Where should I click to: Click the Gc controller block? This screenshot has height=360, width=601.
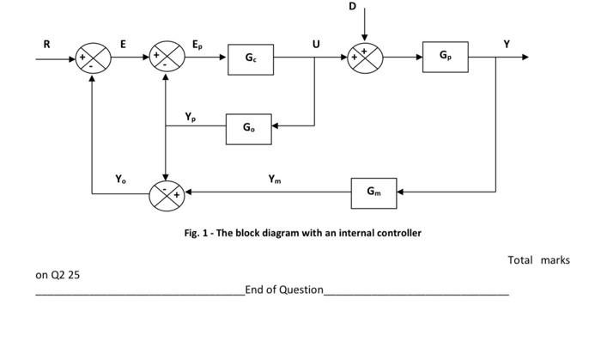(x=250, y=58)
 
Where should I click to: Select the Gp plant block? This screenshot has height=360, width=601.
(x=445, y=56)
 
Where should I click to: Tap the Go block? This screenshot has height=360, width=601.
(x=248, y=128)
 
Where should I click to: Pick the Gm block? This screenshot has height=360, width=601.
(x=373, y=192)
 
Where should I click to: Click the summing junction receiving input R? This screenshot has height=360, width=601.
(x=93, y=58)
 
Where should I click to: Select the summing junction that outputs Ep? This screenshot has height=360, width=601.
(x=167, y=58)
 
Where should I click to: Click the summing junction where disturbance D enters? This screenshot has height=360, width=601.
(x=364, y=58)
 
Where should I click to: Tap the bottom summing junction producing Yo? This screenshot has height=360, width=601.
(x=167, y=194)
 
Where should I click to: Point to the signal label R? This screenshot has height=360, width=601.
(x=46, y=43)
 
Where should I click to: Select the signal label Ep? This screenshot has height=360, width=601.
(x=197, y=43)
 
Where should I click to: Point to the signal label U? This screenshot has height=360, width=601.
(x=317, y=44)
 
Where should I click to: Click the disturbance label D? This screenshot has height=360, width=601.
(x=352, y=7)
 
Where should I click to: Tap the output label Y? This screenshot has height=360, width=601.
(x=507, y=43)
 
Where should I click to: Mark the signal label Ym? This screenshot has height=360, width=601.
(x=274, y=180)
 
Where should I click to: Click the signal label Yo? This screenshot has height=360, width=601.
(x=121, y=179)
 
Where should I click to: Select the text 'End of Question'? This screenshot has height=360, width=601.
(x=284, y=290)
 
